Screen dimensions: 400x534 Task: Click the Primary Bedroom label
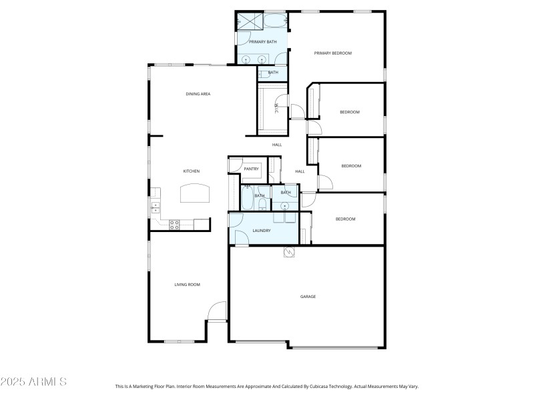click(x=332, y=53)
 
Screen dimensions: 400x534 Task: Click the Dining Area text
click(x=198, y=94)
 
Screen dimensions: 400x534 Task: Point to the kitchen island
click(x=195, y=194)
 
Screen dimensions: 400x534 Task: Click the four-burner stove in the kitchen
click(x=175, y=225)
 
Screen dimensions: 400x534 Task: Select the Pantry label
click(x=251, y=169)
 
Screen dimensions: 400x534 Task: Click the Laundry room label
click(x=262, y=231)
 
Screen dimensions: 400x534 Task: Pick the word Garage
click(x=308, y=297)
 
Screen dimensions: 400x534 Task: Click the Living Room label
click(x=188, y=285)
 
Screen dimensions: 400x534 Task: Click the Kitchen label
click(x=192, y=171)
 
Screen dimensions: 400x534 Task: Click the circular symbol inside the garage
click(x=288, y=251)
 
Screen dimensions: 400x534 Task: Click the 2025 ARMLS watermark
click(x=33, y=382)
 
